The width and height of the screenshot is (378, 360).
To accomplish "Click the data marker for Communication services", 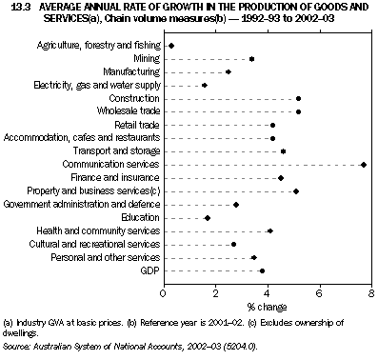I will click(x=364, y=165).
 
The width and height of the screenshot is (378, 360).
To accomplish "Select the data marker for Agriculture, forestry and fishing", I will click(x=170, y=46).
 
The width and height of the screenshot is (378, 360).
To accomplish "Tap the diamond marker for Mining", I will click(x=251, y=59).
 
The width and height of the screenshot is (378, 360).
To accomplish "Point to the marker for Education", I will click(x=208, y=218).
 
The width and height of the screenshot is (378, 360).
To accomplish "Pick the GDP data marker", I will click(x=262, y=270).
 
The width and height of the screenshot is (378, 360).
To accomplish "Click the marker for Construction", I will click(x=298, y=99).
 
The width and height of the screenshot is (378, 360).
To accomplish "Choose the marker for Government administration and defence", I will click(x=236, y=205).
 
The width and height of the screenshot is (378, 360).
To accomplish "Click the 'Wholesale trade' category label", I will click(x=130, y=112).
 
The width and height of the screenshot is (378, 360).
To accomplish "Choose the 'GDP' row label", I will click(x=149, y=270).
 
